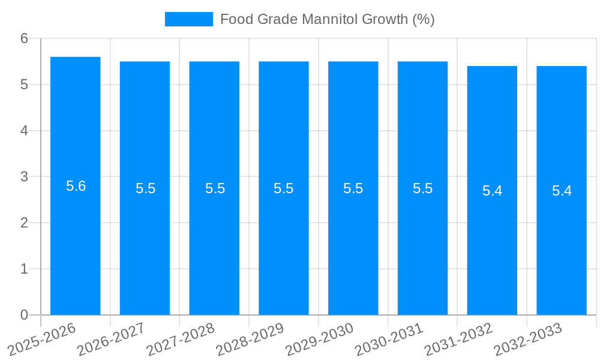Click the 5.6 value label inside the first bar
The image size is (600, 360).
[76, 186]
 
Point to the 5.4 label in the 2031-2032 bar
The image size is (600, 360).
[492, 191]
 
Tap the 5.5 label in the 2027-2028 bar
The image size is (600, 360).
[215, 188]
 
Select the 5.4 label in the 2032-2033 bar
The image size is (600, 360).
[562, 191]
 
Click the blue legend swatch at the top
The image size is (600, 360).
[188, 19]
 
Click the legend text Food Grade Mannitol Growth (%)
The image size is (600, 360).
[327, 19]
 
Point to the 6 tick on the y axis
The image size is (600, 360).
[25, 38]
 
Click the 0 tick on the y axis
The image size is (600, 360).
[25, 314]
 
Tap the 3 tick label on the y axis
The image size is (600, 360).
[25, 176]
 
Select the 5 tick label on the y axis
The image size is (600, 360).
[25, 85]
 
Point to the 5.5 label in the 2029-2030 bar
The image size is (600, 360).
[353, 188]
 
